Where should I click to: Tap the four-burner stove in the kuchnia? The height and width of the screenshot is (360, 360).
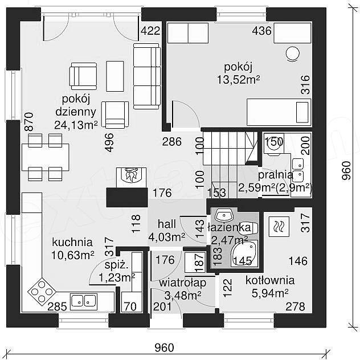click(42, 292)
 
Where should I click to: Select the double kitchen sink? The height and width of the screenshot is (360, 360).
click(84, 301)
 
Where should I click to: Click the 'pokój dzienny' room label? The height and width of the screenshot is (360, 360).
click(76, 105)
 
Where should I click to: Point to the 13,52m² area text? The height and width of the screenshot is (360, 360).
click(239, 80)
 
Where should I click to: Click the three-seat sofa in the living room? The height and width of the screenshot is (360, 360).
click(147, 76)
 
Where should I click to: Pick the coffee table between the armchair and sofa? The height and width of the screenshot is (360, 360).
click(115, 76)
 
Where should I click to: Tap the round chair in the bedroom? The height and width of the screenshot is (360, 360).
click(293, 54)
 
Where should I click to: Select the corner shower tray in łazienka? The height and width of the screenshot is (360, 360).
click(244, 253)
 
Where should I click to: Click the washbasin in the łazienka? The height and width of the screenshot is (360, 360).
click(224, 215)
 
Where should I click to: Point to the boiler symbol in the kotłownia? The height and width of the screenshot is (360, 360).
click(279, 227)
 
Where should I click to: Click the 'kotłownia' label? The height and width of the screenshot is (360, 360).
click(270, 280)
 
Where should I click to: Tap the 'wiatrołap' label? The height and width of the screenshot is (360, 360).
click(182, 283)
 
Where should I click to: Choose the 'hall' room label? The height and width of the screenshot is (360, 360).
click(167, 224)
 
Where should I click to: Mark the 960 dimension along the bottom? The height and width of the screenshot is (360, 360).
click(164, 347)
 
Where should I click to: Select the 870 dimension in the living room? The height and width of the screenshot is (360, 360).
click(30, 122)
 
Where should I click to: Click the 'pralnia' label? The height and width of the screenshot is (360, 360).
click(276, 175)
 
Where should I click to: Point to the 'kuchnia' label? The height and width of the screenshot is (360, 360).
click(72, 242)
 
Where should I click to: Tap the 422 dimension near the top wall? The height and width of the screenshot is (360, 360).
click(150, 31)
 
